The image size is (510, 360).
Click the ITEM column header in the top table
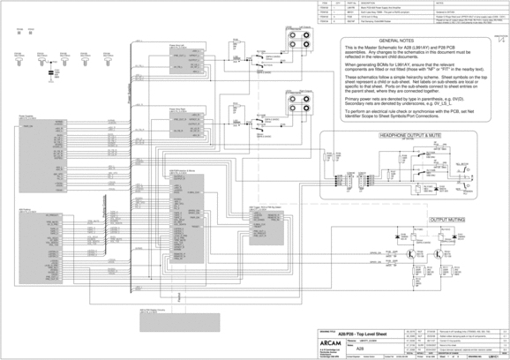325,4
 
